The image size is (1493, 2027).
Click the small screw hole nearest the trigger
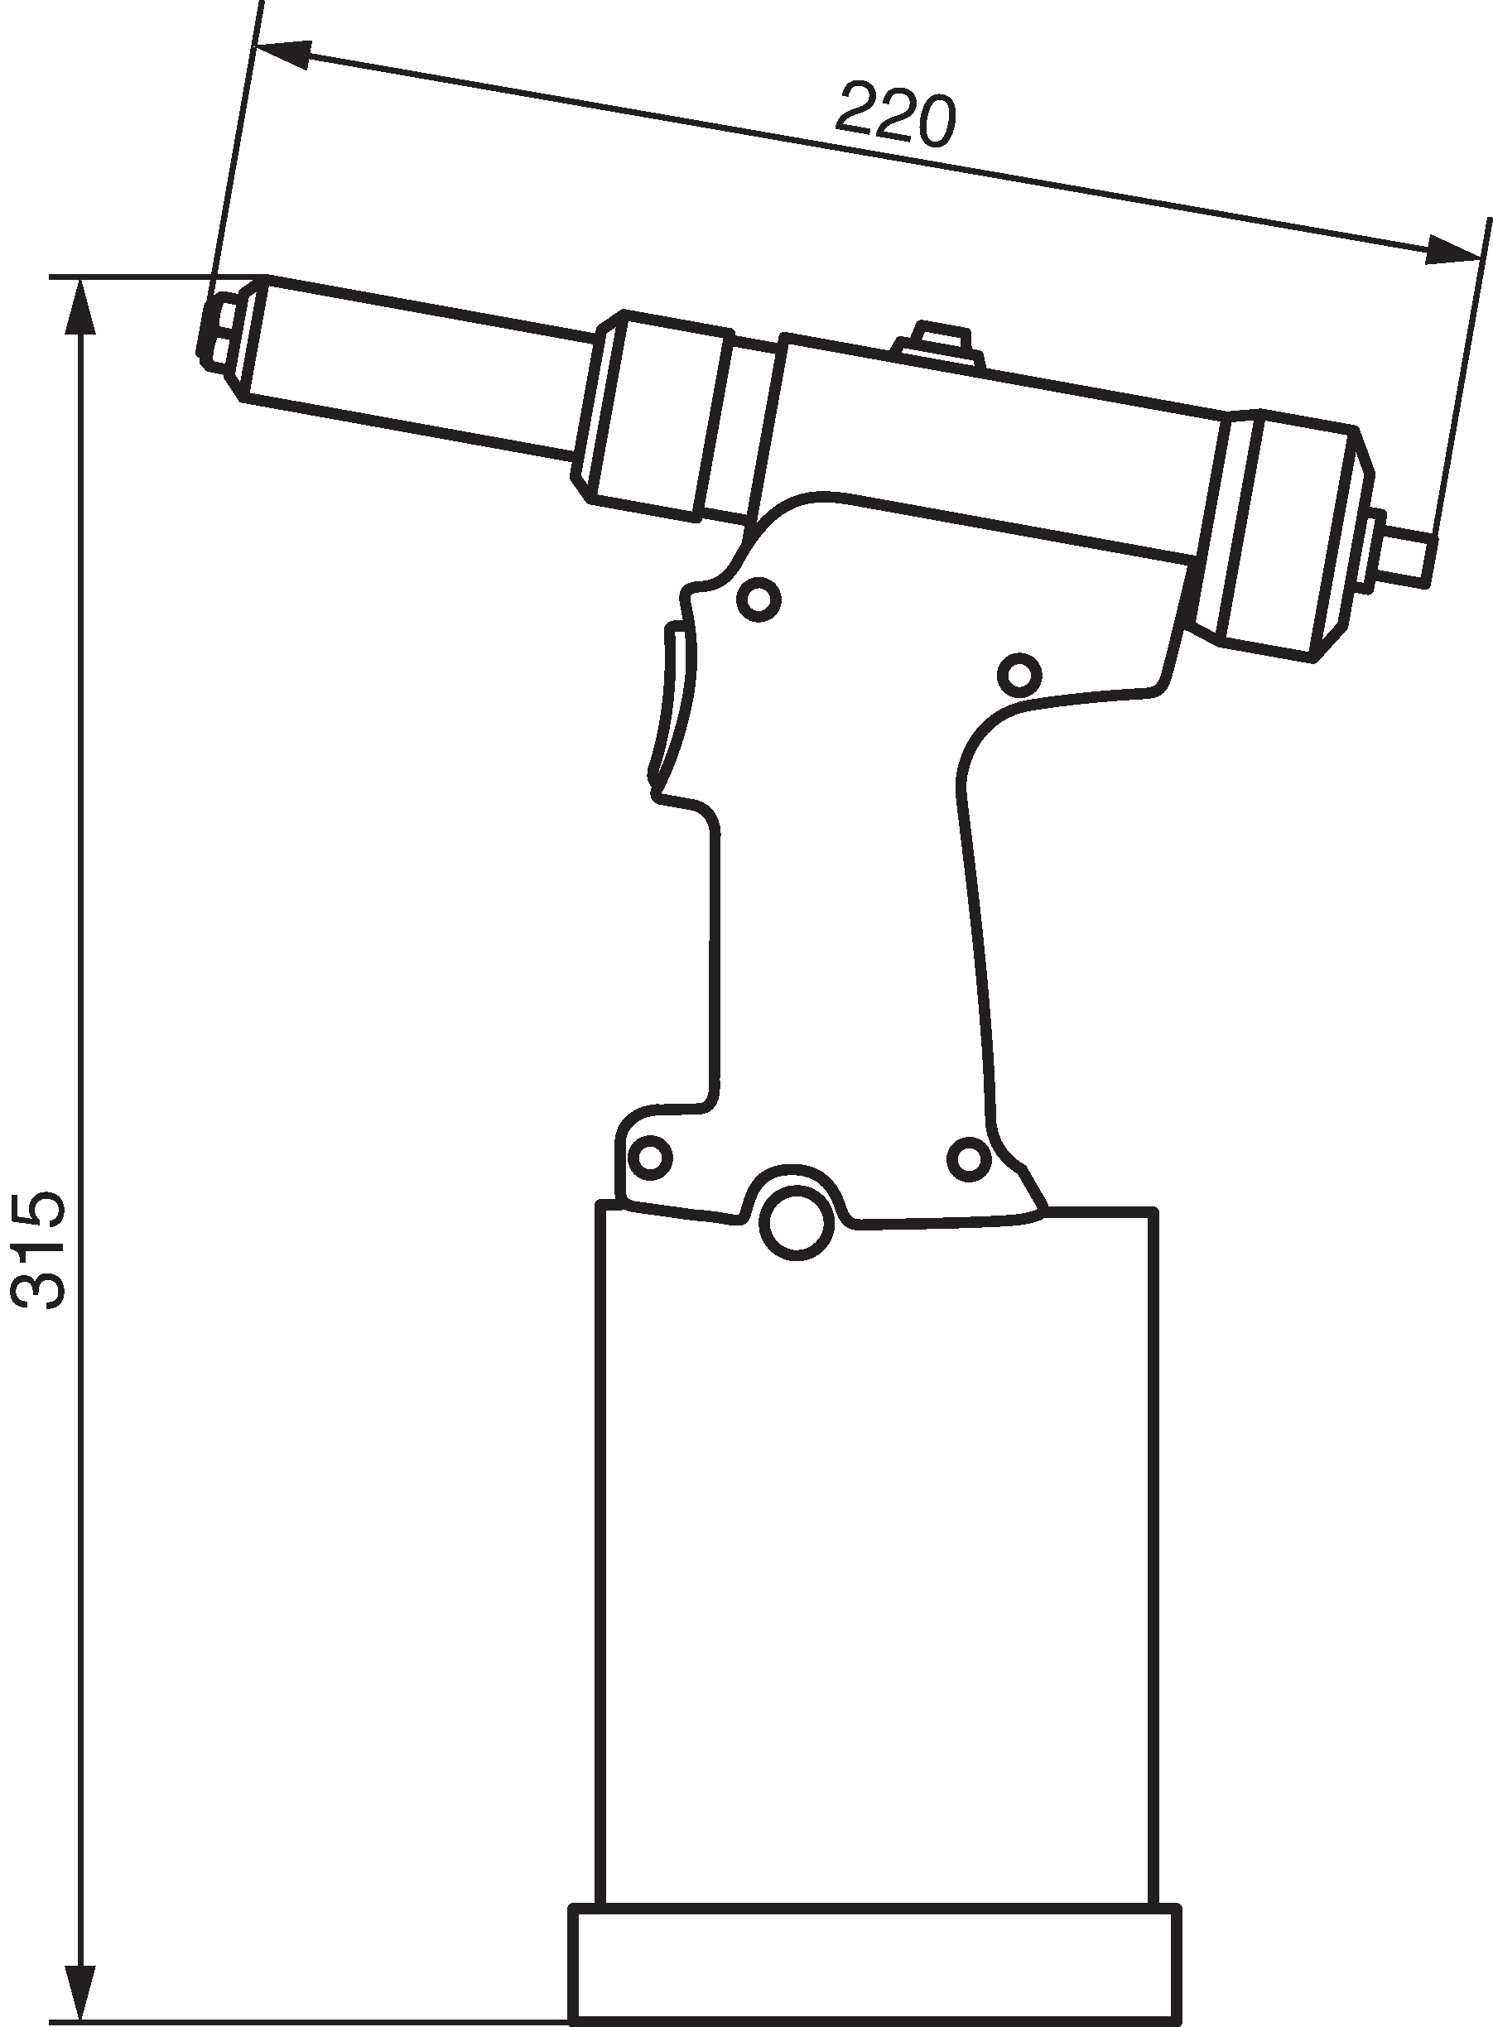click(759, 599)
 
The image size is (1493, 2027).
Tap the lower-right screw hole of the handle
click(969, 1157)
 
